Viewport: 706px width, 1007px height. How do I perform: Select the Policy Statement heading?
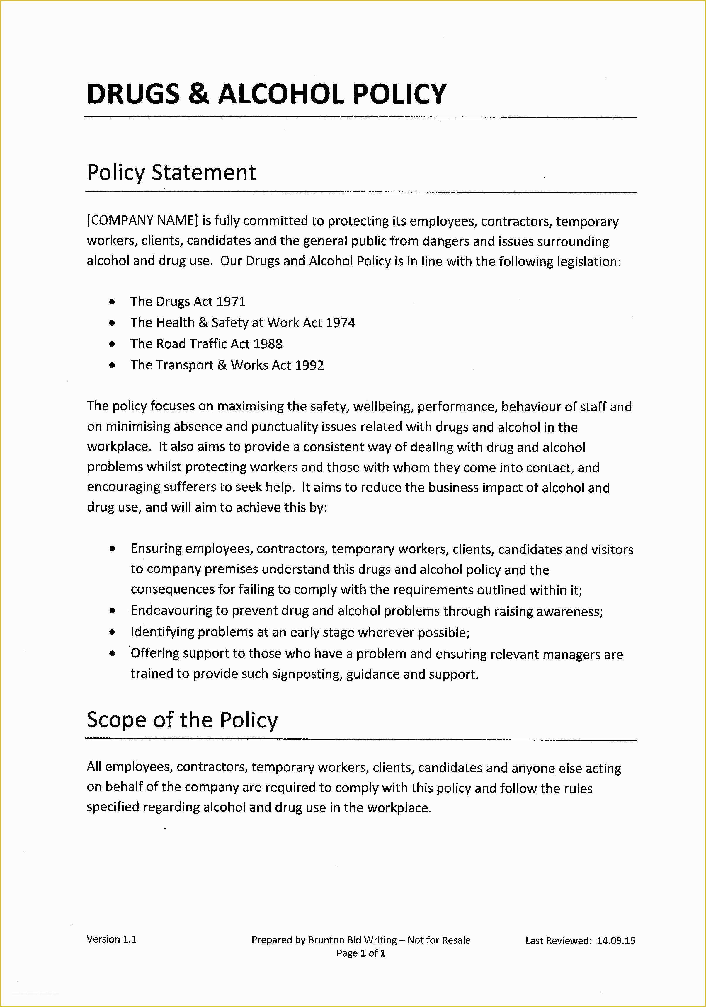tap(171, 172)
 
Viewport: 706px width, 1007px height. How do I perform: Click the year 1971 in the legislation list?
tap(231, 302)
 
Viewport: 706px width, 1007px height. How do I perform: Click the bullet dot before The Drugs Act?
tap(113, 302)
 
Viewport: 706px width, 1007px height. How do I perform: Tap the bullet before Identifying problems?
tap(113, 633)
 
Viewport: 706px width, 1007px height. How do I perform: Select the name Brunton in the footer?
tap(326, 940)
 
